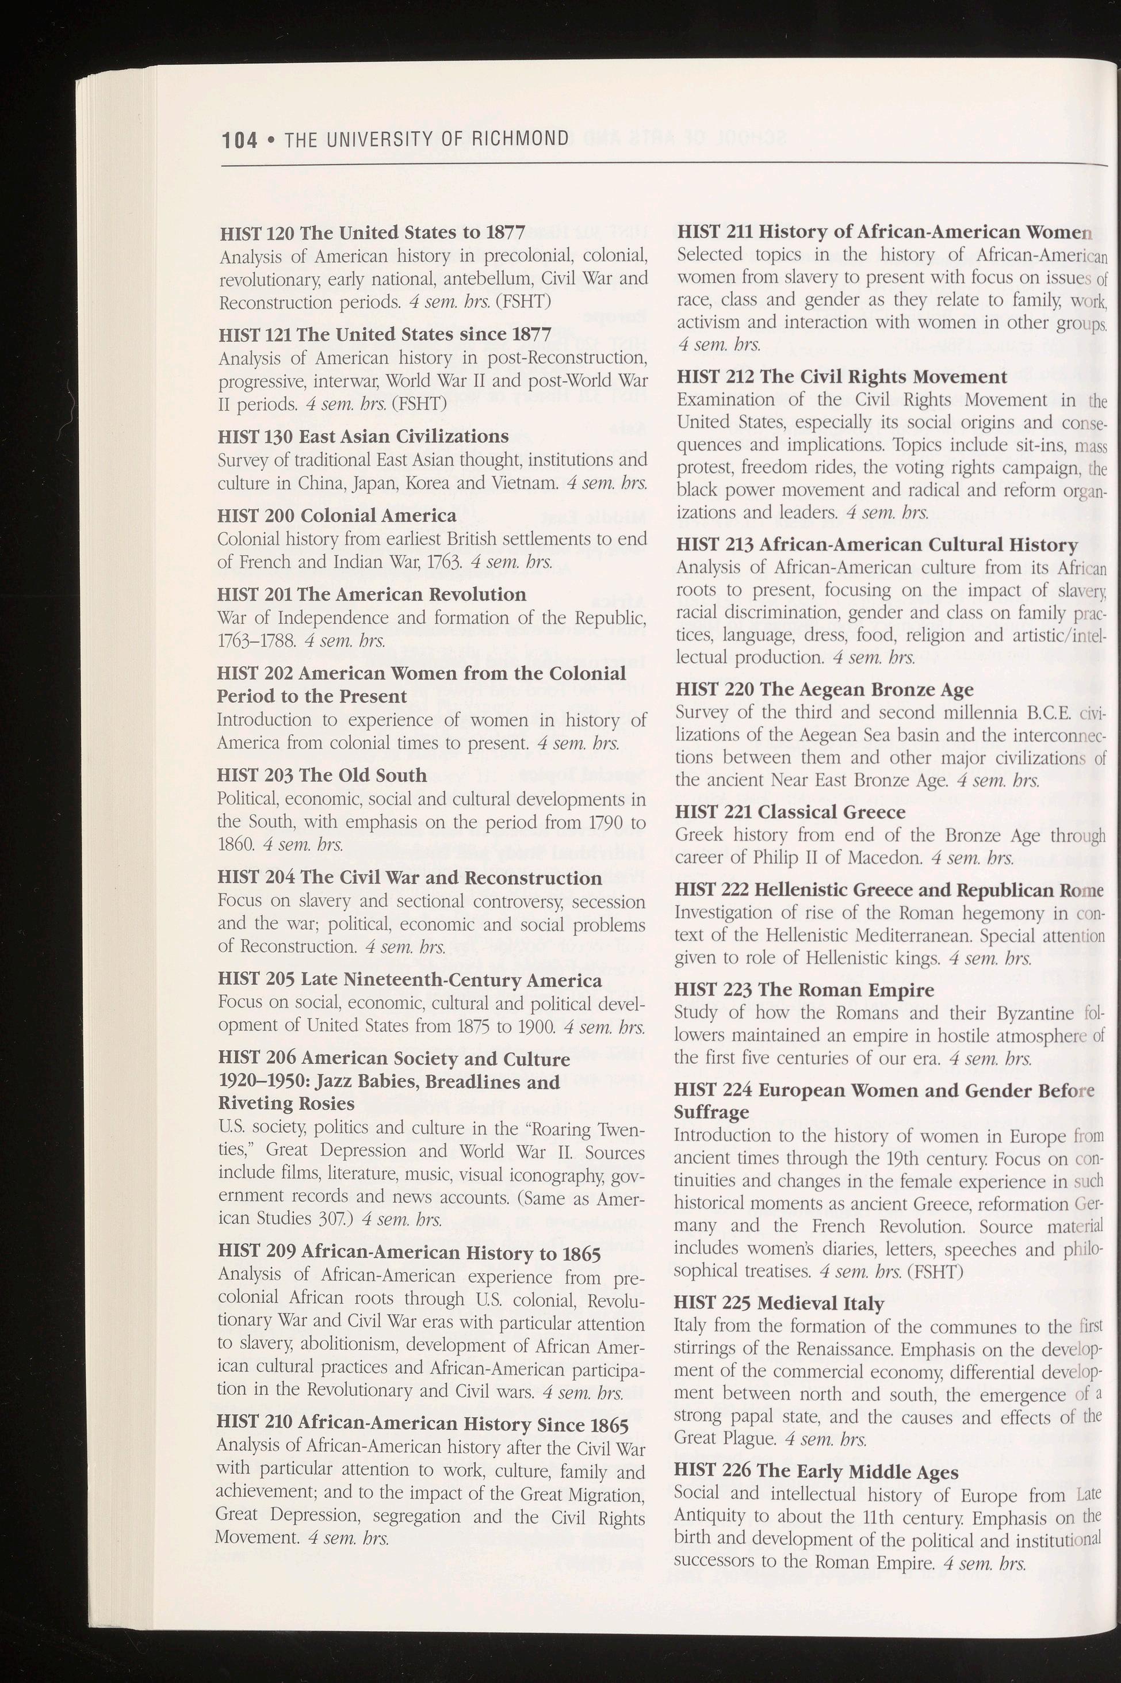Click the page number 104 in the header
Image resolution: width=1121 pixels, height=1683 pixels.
point(239,139)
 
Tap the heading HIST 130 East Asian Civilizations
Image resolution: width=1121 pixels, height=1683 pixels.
point(363,436)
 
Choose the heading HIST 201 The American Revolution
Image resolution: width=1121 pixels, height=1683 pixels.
point(371,594)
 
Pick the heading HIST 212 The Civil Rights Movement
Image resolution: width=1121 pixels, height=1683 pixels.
point(841,377)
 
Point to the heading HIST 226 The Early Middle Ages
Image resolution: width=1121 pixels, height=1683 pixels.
point(816,1472)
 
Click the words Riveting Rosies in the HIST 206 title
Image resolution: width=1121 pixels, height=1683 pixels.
point(286,1103)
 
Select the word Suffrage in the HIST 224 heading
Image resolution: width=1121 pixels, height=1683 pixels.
point(711,1112)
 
